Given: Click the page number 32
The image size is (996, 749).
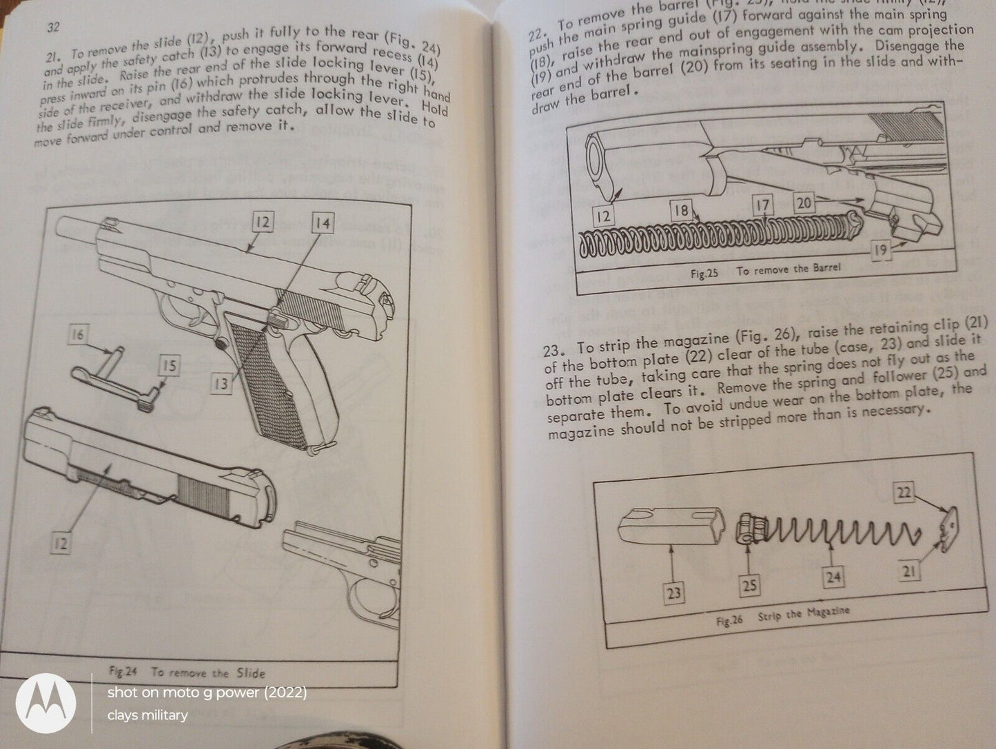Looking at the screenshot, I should (x=53, y=28).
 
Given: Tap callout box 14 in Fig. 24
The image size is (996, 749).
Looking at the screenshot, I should (x=321, y=223).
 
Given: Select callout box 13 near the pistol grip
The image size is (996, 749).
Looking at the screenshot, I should (x=220, y=382).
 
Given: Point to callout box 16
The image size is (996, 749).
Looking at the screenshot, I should (x=77, y=336).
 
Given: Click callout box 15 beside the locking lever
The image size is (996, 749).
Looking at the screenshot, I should (x=169, y=367).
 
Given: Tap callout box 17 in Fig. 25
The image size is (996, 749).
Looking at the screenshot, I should (x=762, y=205).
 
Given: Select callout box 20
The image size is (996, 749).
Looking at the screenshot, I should (x=804, y=203).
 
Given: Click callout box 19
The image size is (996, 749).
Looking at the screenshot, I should (x=879, y=251).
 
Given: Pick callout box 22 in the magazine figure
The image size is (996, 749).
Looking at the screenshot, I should (x=904, y=492).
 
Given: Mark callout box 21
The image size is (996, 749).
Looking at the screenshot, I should (x=910, y=571).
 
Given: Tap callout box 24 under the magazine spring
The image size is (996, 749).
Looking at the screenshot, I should (x=833, y=577).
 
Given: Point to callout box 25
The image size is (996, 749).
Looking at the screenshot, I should (x=749, y=586).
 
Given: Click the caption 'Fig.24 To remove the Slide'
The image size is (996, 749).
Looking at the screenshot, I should (x=187, y=673).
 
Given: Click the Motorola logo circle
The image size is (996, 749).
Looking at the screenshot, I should (x=45, y=704).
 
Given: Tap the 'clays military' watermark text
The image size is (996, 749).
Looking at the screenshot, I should (x=147, y=715).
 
